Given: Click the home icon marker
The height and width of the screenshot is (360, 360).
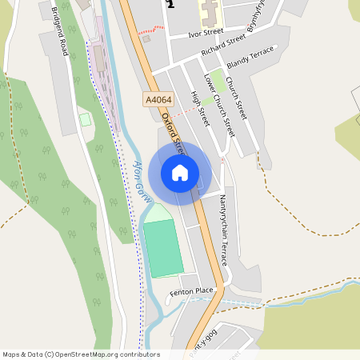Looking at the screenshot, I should click(x=180, y=172).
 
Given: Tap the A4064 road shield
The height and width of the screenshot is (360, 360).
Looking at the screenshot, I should click(x=158, y=100).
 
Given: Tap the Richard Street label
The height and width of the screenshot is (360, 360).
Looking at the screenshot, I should click(x=222, y=44).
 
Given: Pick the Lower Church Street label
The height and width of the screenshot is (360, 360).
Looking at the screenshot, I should click(x=219, y=104).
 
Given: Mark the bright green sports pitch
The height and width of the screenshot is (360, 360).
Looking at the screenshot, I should click(x=163, y=249).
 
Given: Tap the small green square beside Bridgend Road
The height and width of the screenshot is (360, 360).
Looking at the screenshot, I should click(x=85, y=119).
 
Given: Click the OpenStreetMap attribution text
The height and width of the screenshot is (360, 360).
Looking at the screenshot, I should click(x=81, y=354).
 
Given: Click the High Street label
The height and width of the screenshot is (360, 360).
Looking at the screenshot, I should click(x=199, y=110).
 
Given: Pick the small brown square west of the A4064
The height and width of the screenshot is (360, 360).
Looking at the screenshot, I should click(x=146, y=38).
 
